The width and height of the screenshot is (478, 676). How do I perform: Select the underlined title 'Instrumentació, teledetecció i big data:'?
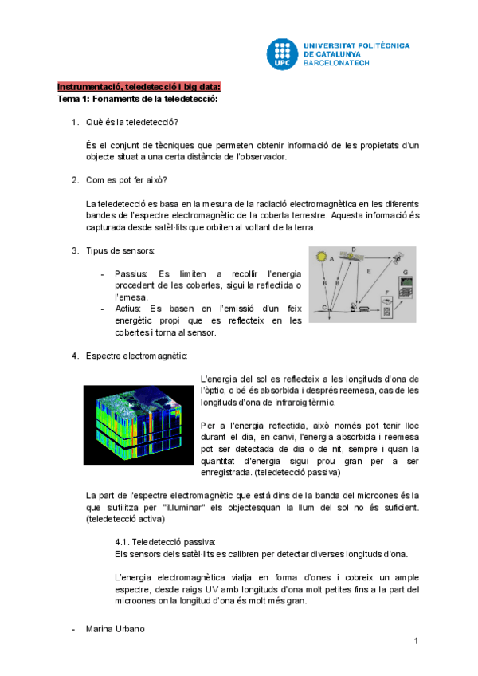pyautogui.click(x=139, y=87)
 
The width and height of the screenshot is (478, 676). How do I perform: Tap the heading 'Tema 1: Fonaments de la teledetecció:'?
pyautogui.click(x=138, y=99)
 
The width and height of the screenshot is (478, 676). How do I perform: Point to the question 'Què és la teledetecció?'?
pyautogui.click(x=132, y=121)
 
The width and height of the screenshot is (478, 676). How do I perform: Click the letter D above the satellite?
pyautogui.click(x=353, y=250)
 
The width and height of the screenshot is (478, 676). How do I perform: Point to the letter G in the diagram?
pyautogui.click(x=405, y=273)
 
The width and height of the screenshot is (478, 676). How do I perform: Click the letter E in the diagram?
pyautogui.click(x=369, y=271)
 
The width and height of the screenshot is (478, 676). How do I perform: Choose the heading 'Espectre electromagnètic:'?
pyautogui.click(x=137, y=355)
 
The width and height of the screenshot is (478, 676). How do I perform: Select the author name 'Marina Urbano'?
pyautogui.click(x=115, y=630)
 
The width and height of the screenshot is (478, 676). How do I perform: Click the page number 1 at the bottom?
pyautogui.click(x=416, y=642)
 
